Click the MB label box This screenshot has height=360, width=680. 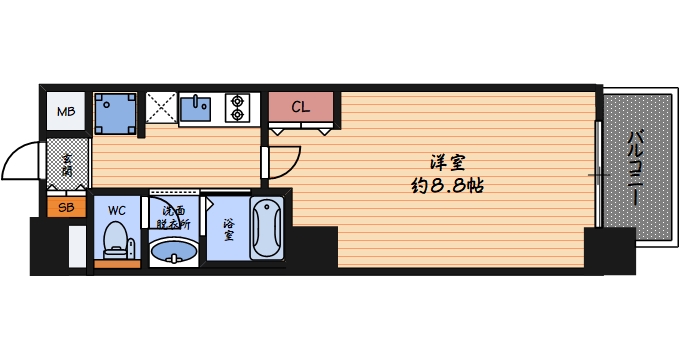tap(66, 112)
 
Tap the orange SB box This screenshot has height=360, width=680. tap(66, 208)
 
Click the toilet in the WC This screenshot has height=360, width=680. tap(117, 240)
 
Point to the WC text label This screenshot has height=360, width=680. tap(117, 210)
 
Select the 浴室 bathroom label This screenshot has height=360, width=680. tap(229, 230)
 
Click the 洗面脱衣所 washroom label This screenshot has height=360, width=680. tap(172, 217)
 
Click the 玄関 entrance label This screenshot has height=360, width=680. tap(67, 165)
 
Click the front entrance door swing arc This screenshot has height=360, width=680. tap(22, 160)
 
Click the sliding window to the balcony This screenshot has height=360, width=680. tap(597, 175)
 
